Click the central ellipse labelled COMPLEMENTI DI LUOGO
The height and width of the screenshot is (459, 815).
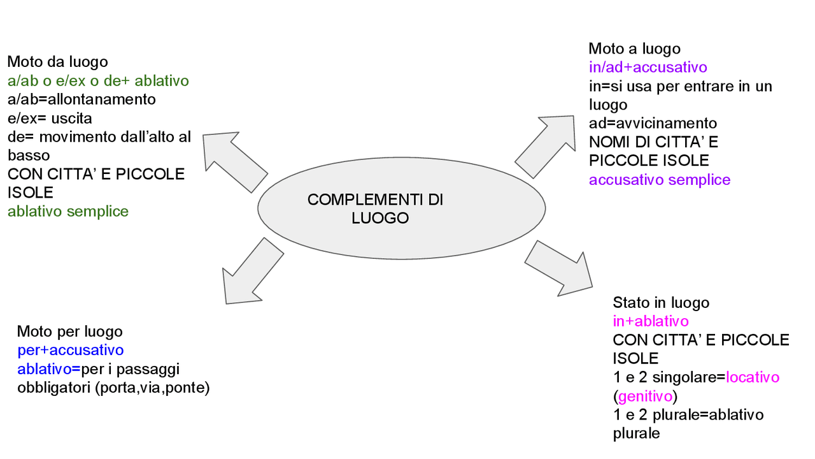(x=401, y=208)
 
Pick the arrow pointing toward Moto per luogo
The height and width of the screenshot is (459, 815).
(x=251, y=271)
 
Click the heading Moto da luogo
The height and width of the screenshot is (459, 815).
(x=57, y=62)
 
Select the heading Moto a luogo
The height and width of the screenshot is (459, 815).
(x=634, y=49)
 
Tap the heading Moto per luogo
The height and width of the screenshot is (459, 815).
(x=69, y=331)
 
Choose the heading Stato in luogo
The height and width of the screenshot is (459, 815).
(x=661, y=303)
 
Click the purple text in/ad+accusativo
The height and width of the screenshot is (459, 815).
(x=648, y=68)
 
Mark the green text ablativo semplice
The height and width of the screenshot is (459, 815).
(x=68, y=212)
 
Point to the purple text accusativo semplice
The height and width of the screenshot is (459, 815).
(x=659, y=180)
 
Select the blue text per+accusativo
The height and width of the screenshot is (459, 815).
(x=70, y=350)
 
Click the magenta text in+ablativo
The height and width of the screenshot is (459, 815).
(x=651, y=321)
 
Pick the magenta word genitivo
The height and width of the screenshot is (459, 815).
(x=645, y=397)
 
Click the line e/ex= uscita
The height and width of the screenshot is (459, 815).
(x=50, y=119)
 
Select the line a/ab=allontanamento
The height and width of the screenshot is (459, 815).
(x=81, y=100)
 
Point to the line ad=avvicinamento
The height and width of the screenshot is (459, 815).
(x=653, y=123)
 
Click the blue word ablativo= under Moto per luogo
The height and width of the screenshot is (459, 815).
(x=48, y=369)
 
